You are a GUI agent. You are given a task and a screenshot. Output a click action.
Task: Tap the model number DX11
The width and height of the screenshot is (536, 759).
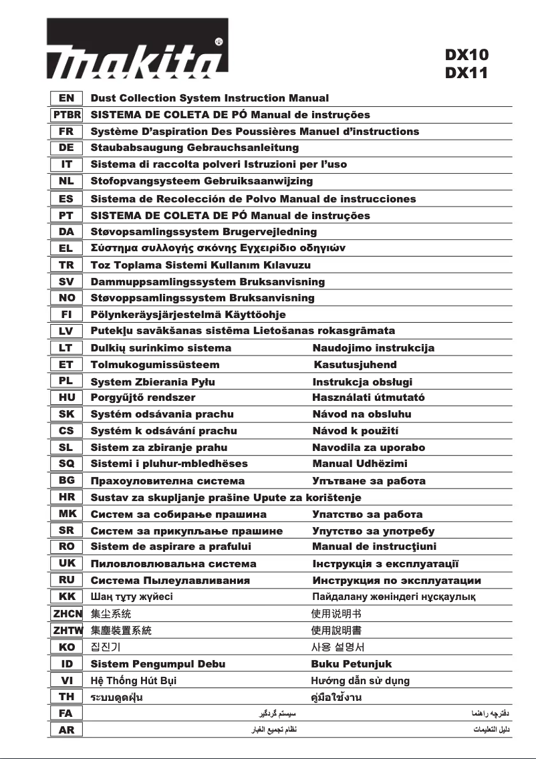click(x=466, y=73)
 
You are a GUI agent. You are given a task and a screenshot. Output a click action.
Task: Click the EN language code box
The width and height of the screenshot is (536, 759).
click(x=66, y=98)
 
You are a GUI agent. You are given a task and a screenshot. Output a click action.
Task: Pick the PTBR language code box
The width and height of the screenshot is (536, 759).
click(x=66, y=115)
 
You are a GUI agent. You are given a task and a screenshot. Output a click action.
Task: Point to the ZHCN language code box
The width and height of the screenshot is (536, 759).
click(x=66, y=613)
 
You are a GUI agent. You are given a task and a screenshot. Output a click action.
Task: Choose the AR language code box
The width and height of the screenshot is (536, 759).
click(x=66, y=730)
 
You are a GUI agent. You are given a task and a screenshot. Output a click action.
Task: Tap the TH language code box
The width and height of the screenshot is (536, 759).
click(x=66, y=697)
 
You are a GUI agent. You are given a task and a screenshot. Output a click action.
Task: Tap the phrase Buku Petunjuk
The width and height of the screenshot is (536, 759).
click(x=352, y=663)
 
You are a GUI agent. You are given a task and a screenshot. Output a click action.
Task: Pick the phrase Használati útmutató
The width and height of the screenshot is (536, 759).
click(x=369, y=398)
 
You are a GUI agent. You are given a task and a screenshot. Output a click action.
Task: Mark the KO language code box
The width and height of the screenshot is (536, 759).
click(x=66, y=647)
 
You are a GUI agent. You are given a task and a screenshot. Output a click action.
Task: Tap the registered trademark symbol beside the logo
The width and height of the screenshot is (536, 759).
click(x=219, y=41)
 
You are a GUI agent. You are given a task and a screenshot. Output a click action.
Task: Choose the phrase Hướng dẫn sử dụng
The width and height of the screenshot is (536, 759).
click(x=360, y=681)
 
